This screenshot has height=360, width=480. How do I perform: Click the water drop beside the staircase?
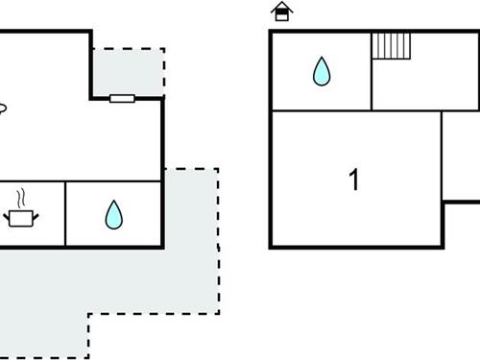point(321,71)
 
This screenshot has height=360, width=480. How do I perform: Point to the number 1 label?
point(354,180)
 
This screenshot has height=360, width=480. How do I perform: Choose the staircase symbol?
point(392,45)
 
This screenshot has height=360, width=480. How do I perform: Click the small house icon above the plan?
point(281,12)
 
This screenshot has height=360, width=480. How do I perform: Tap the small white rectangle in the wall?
point(122,98)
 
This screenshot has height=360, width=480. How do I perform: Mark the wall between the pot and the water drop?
point(65,213)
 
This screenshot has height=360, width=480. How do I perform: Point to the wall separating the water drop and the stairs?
point(371,71)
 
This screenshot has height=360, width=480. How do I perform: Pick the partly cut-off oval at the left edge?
point(3,108)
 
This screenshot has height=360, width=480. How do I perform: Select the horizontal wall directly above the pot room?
point(29,181)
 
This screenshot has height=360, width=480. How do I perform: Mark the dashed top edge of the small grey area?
point(130,48)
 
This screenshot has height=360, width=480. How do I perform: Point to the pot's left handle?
point(7,217)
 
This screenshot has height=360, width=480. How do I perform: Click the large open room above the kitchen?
point(67,125)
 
